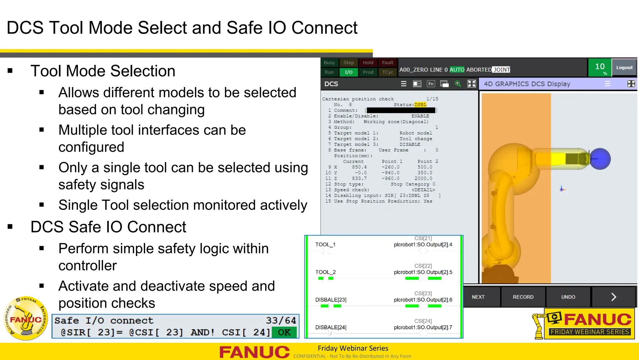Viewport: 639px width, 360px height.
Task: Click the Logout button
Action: coord(624,67)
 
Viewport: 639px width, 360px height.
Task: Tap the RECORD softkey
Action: coord(523,297)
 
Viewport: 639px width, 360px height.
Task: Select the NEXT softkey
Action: coord(478,297)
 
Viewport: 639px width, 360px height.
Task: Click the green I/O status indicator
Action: coord(349,72)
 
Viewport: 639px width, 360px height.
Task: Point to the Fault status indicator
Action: coord(388,62)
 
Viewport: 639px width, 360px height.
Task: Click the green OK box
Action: coord(284,332)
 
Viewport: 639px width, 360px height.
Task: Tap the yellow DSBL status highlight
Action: coord(420,105)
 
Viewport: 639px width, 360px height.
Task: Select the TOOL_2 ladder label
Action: coord(325,272)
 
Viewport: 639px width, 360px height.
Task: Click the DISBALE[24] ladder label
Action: coord(331,327)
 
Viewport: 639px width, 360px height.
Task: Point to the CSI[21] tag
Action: coord(423,238)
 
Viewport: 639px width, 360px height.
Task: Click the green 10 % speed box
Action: coord(600,67)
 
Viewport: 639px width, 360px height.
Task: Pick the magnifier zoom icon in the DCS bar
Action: coord(458,84)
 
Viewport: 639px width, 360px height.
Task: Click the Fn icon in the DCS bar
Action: coord(431,84)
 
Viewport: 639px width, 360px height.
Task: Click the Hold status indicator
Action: coord(368,62)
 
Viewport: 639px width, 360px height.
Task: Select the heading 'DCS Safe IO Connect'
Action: coord(108,227)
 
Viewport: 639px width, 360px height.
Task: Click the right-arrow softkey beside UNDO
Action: coord(613,297)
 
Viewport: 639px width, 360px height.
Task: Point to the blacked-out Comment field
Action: coord(401,110)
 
